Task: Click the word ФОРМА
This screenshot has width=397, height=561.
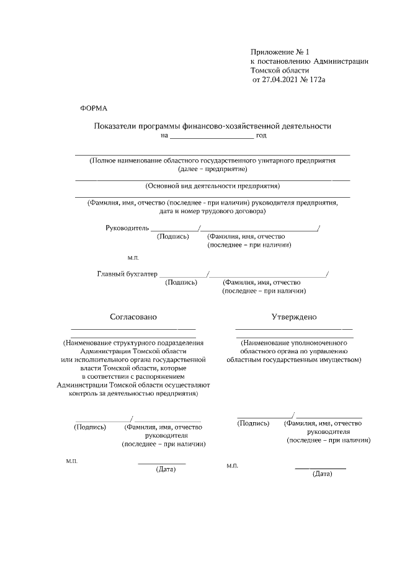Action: (x=94, y=108)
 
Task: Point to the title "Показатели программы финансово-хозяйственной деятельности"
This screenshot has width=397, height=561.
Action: (x=212, y=126)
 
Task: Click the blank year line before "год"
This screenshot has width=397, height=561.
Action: (x=212, y=135)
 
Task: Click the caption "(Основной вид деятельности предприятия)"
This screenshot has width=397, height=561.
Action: (x=212, y=185)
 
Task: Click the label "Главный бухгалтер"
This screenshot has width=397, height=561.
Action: (x=128, y=273)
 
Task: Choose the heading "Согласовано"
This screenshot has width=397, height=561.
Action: (x=133, y=317)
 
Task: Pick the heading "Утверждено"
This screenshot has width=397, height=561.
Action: (x=293, y=317)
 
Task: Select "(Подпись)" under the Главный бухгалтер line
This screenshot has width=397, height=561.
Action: (x=181, y=282)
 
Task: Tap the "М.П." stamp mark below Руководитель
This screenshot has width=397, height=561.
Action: (x=133, y=257)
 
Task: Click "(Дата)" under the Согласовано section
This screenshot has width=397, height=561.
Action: (x=166, y=469)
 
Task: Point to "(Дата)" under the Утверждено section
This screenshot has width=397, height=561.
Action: (x=323, y=474)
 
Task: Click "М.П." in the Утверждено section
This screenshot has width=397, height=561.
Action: (x=233, y=465)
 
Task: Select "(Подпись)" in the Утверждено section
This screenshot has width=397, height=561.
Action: (x=253, y=423)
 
